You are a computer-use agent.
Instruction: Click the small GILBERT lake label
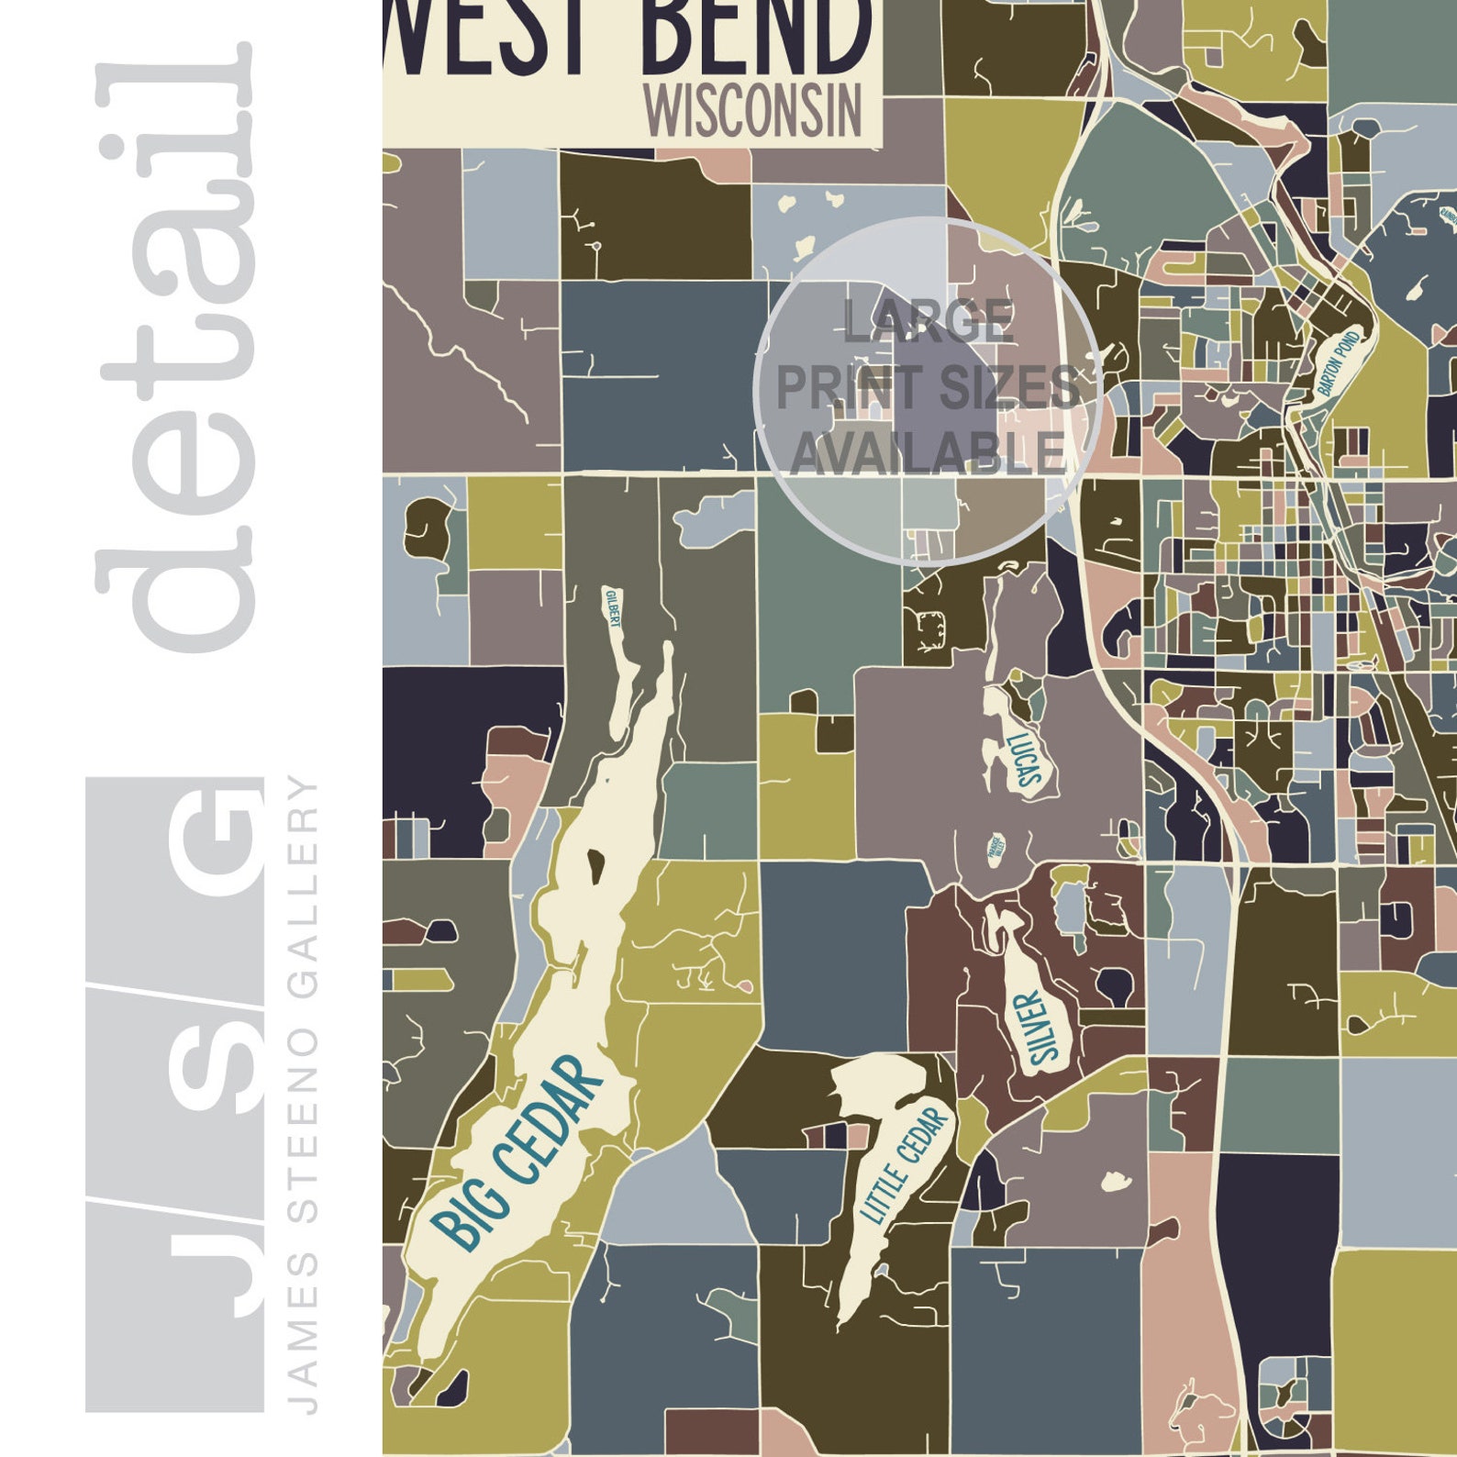(612, 608)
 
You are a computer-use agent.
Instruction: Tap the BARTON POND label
(1340, 363)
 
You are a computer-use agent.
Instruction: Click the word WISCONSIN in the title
(752, 110)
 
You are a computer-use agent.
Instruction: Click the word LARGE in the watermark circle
(928, 320)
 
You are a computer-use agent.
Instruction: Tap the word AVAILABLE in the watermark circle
(927, 453)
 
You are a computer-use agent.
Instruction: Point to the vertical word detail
(174, 349)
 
